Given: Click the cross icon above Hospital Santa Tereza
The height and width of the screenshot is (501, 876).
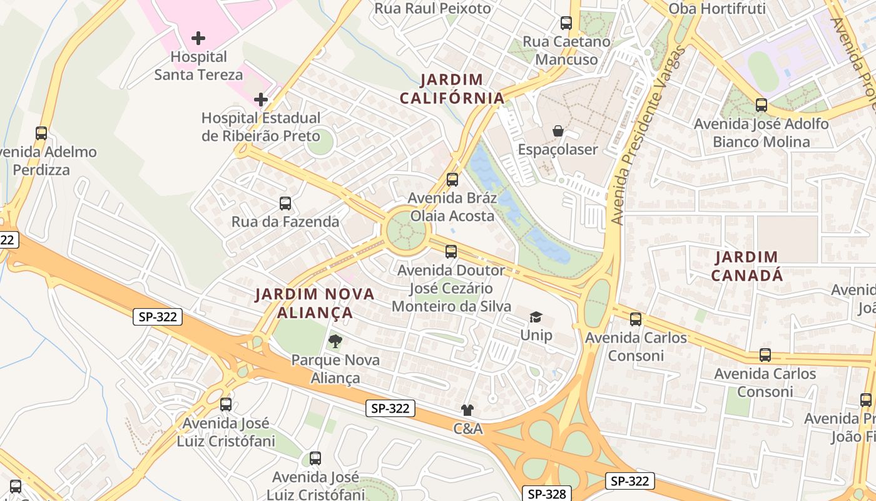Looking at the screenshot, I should (x=198, y=38).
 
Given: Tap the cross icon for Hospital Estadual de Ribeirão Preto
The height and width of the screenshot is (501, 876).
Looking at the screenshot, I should (x=261, y=100).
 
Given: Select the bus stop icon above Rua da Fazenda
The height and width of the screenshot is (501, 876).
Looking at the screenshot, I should (x=285, y=204).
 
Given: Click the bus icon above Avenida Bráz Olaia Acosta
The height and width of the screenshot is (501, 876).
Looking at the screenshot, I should (x=452, y=180).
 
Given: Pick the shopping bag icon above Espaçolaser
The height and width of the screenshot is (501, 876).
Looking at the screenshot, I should (x=558, y=132).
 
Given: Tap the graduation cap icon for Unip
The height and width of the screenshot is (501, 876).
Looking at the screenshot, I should (x=536, y=317).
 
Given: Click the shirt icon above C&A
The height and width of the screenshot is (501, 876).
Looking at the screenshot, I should (x=467, y=410).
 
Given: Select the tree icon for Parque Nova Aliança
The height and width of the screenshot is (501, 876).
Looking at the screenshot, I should (x=335, y=341).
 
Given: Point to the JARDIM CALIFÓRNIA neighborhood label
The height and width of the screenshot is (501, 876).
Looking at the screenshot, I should (x=452, y=89).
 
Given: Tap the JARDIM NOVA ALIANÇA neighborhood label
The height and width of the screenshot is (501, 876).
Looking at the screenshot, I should (x=315, y=303).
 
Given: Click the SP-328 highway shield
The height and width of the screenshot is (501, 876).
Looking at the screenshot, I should (x=547, y=493).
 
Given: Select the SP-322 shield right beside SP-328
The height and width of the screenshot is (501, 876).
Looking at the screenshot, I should (x=629, y=481).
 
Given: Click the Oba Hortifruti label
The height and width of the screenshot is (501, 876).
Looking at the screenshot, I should (x=717, y=9).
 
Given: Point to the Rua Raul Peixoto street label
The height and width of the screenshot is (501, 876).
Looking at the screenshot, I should (x=432, y=8).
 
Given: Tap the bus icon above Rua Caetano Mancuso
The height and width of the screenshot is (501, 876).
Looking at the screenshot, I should (x=566, y=23).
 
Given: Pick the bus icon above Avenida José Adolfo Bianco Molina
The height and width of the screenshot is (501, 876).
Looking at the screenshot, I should (x=761, y=105).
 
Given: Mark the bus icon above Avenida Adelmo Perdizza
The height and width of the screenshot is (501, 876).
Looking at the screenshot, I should (x=41, y=133).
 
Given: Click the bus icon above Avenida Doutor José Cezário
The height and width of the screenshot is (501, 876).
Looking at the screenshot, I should (x=451, y=252).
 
